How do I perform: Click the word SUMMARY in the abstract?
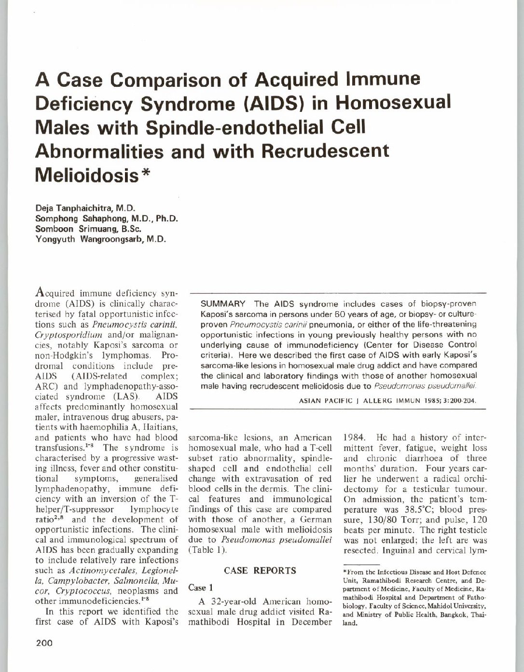(x=223, y=303)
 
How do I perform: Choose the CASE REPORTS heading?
(x=260, y=571)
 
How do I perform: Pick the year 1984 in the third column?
(x=354, y=438)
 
